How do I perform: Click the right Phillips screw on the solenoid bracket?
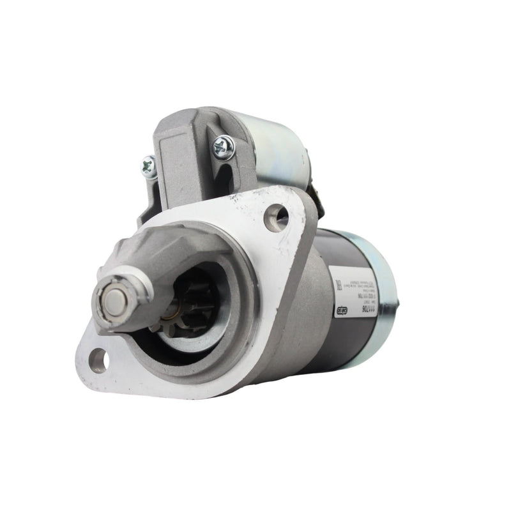224,148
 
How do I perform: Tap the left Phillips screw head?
149,167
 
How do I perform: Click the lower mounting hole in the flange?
98,360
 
